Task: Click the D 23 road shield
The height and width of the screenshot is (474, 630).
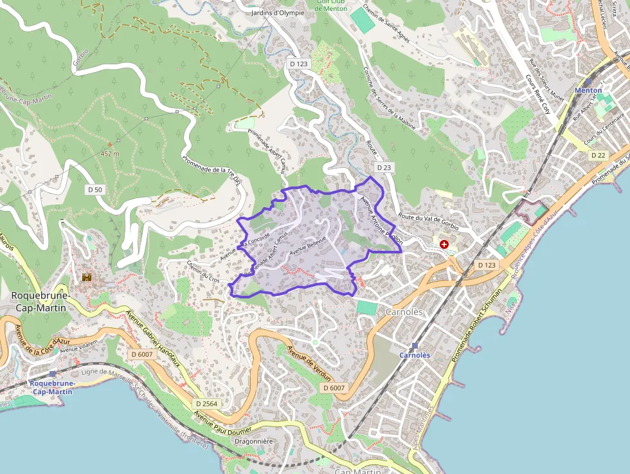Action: (384, 167)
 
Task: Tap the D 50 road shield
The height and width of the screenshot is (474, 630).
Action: (95, 190)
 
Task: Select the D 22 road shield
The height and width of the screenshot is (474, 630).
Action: (598, 155)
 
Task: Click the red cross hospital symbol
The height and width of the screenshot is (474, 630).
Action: (444, 244)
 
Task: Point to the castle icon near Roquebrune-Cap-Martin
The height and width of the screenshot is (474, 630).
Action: (87, 277)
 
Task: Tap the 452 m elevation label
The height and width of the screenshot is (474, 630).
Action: (111, 154)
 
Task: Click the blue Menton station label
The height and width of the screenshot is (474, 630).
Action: (588, 91)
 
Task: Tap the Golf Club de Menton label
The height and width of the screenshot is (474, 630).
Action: (331, 5)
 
